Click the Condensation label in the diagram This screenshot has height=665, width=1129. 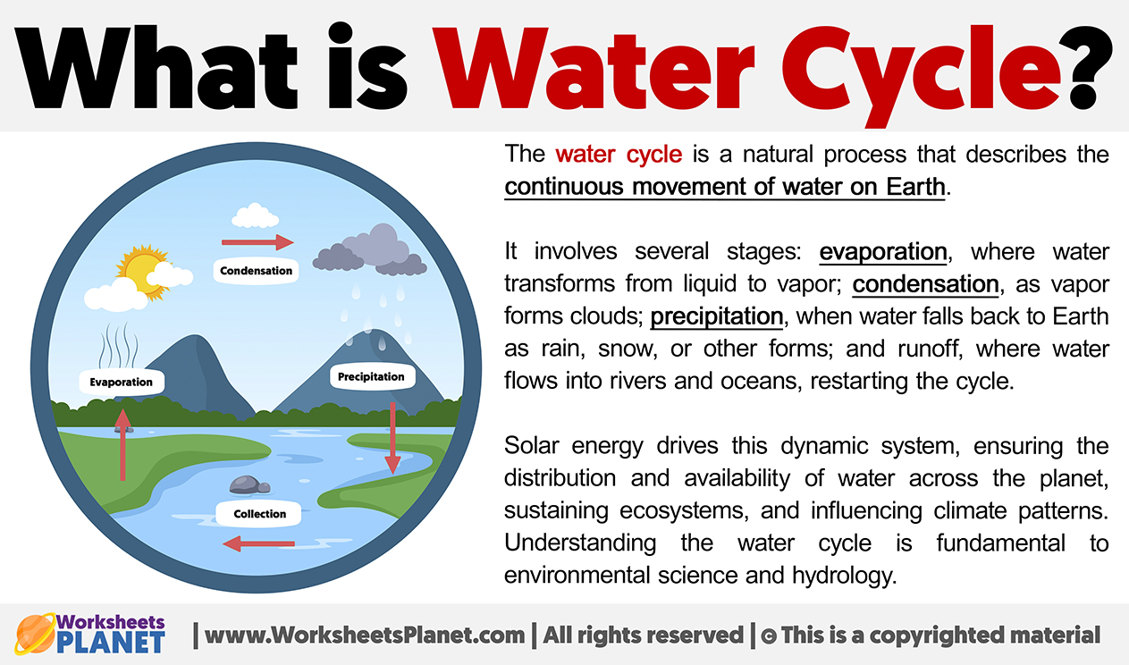click(256, 271)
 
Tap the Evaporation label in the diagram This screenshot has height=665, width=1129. click(122, 382)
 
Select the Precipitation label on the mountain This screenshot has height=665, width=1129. click(372, 377)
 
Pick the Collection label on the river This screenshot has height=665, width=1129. click(259, 514)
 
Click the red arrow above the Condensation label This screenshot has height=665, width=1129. click(257, 242)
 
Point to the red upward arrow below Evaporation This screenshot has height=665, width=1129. click(122, 444)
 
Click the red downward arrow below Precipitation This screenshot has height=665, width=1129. click(392, 438)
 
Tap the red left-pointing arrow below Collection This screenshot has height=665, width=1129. click(258, 543)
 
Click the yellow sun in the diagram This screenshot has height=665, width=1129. click(145, 273)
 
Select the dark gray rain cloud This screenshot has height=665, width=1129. click(371, 251)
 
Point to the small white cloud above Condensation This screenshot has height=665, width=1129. click(255, 215)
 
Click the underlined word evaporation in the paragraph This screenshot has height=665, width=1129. click(883, 252)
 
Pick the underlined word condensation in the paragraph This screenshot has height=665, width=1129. click(925, 284)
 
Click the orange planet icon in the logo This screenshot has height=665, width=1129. click(35, 634)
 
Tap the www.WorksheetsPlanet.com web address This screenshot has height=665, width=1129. click(365, 636)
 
